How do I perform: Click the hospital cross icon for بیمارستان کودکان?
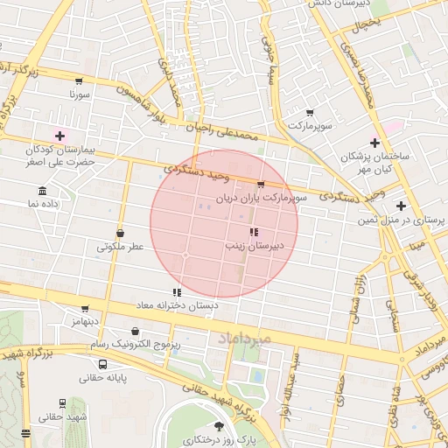click(59, 136)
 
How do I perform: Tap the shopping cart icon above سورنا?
click(79, 80)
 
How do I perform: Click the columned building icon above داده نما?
click(42, 190)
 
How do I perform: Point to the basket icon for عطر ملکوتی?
click(120, 234)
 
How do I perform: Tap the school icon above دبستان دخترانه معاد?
click(177, 293)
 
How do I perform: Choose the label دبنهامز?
click(86, 322)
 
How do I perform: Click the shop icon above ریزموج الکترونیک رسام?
click(135, 332)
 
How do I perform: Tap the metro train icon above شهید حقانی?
click(62, 403)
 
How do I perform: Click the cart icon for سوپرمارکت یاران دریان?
click(261, 185)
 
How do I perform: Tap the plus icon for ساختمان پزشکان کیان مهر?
click(375, 143)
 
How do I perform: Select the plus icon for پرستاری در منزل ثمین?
click(401, 206)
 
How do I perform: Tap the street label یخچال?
click(364, 25)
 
